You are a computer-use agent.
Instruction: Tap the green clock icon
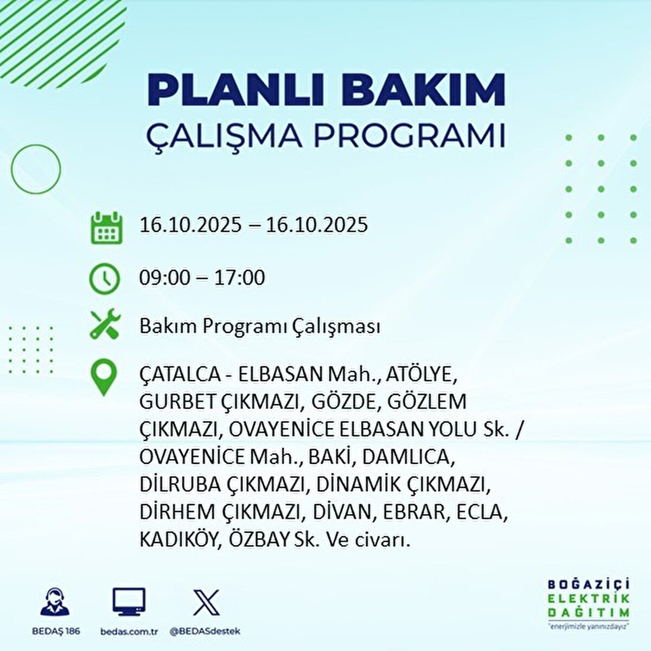pos(104,279)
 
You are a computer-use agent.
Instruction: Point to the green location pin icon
pos(104,379)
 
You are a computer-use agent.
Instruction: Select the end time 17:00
pos(239,278)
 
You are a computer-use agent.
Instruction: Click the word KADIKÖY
pos(177,540)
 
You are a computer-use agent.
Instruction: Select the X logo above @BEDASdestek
pos(207,603)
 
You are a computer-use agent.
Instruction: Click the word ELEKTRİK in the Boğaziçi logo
pos(589,599)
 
